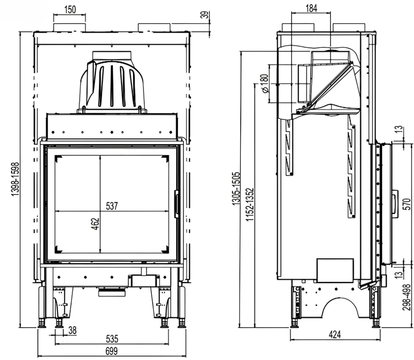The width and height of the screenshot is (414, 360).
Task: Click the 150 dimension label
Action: [x=70, y=9]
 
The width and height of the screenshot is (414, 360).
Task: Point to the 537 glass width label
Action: [x=112, y=206]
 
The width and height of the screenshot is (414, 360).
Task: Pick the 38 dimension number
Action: [x=72, y=330]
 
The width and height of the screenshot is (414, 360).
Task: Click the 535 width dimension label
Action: [x=111, y=339]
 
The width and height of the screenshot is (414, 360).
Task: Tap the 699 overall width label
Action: [x=111, y=351]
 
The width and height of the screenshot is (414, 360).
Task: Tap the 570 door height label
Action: [x=407, y=204]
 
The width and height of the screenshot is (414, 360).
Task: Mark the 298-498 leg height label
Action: [x=407, y=297]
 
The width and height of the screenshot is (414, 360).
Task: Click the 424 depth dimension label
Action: [x=334, y=335]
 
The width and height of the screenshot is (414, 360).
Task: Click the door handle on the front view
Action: [x=177, y=204]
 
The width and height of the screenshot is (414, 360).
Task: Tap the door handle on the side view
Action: [x=395, y=204]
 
